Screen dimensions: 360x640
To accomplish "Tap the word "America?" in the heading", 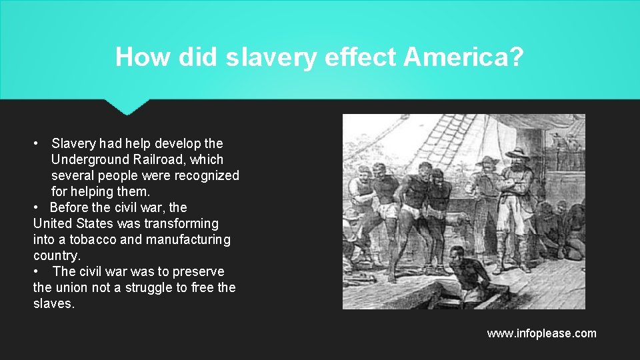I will (x=463, y=57).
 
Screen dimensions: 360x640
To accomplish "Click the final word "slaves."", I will (x=54, y=303).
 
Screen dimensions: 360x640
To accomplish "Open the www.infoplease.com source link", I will (x=541, y=333).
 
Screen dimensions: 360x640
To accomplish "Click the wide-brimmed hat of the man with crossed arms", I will (x=517, y=152).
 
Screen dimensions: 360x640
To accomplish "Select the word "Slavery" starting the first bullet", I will (x=73, y=143).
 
